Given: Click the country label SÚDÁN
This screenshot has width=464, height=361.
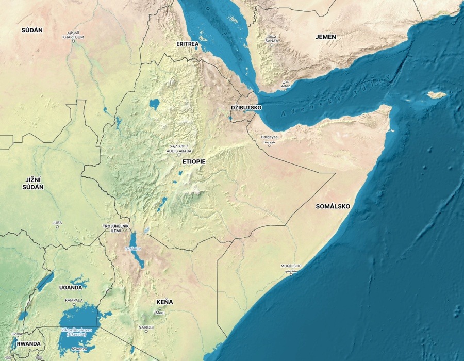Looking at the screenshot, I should click(32, 30).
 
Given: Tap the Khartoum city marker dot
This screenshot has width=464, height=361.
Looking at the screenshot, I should click(73, 41).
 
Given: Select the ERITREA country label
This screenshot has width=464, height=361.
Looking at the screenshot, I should click(188, 44).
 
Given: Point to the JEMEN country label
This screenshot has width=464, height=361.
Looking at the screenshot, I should click(326, 37).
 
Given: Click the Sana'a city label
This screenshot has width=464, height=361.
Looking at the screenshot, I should click(272, 38).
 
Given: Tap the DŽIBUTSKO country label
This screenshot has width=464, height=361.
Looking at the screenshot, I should click(246, 108).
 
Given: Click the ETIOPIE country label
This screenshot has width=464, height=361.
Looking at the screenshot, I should click(193, 162).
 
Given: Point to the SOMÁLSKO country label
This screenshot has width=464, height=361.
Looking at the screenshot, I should click(333, 206).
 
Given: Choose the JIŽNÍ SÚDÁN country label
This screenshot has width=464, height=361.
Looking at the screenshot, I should click(33, 183).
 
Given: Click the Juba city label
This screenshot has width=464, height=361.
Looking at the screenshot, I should click(57, 223).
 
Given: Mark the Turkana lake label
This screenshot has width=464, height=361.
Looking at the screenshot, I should click(132, 249).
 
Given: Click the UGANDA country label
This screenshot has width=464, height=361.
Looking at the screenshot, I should click(70, 287).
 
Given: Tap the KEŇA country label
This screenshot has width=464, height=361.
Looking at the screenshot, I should click(164, 302).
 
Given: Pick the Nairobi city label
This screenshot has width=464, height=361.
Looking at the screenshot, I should click(146, 327).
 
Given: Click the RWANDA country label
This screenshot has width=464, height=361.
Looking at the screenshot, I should click(28, 343).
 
